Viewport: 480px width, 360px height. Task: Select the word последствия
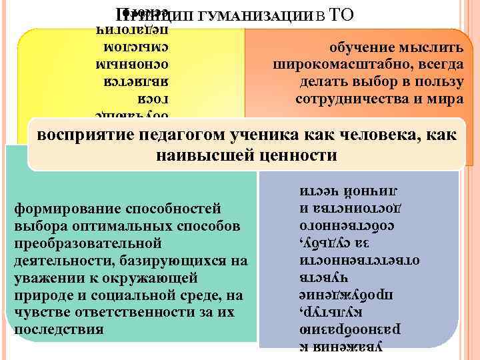[x=59, y=329]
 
